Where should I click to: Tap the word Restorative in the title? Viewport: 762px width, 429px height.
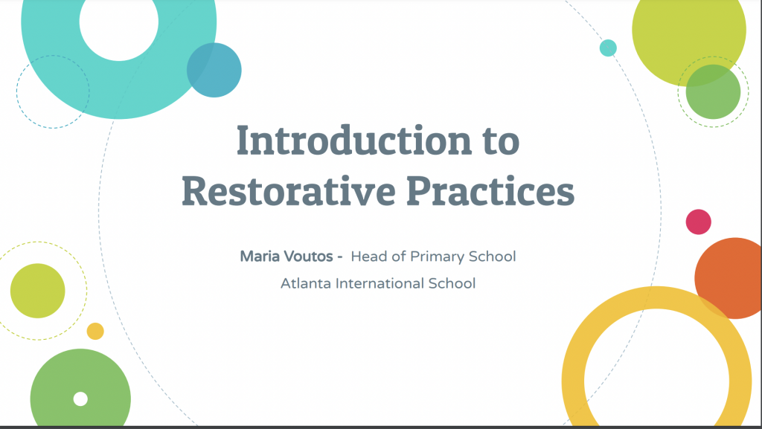[x=289, y=191]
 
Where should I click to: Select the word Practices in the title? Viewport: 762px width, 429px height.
[x=490, y=191]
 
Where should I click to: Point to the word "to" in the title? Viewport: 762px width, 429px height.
[x=501, y=142]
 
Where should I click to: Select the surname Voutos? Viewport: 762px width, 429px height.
[x=308, y=256]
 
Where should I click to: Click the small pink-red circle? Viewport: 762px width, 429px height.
[x=698, y=222]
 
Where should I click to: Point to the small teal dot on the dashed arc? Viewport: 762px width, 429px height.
[x=608, y=48]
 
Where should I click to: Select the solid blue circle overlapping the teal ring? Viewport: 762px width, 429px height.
[x=214, y=70]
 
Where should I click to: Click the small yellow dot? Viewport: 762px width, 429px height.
[x=95, y=332]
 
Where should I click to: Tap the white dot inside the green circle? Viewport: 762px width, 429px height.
[x=80, y=399]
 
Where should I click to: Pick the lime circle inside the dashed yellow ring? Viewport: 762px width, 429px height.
[x=37, y=291]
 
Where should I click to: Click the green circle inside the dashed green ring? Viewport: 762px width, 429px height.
[x=713, y=91]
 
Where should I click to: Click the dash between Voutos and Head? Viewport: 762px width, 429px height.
[x=339, y=257]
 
